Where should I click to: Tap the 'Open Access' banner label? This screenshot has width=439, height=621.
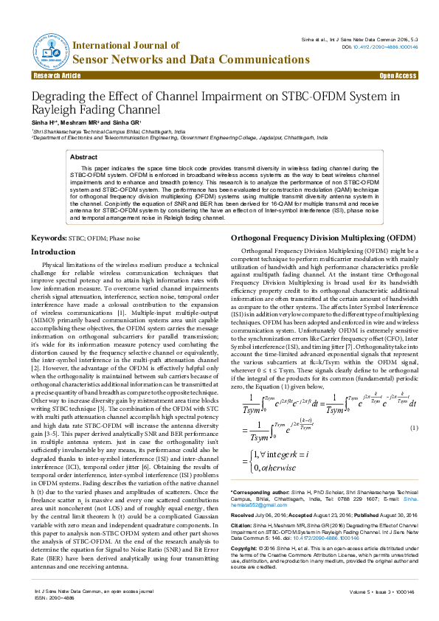point(398,75)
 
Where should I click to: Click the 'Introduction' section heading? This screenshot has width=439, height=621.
point(52,252)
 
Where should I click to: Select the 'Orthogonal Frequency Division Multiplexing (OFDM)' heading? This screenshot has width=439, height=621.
point(324,239)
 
